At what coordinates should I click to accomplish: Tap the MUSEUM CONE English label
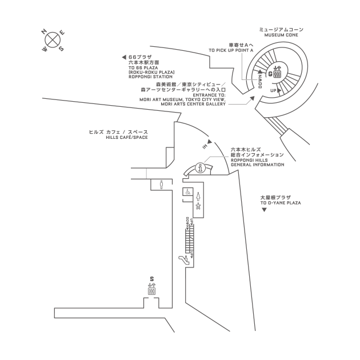click(x=281, y=35)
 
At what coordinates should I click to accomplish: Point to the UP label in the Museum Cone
click(x=273, y=90)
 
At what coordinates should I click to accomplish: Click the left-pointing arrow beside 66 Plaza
click(x=123, y=57)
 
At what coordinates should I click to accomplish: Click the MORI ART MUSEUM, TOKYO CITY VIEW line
click(x=182, y=99)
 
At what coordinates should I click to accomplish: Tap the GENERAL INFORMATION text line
click(x=257, y=165)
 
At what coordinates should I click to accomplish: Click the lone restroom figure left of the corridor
click(x=162, y=185)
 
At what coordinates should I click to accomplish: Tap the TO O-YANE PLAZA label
click(x=281, y=203)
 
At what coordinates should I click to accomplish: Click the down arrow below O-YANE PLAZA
click(x=265, y=211)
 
